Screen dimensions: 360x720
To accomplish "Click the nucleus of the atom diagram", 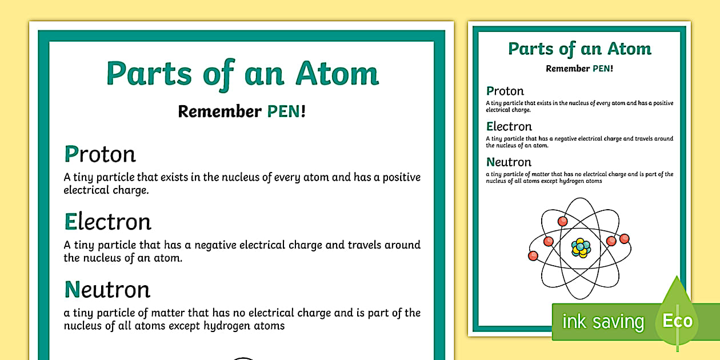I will click(581, 247).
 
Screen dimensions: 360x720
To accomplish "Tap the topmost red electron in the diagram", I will click(562, 221).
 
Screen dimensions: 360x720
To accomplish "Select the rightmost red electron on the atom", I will click(624, 238).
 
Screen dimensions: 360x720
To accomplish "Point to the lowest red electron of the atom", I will click(533, 255).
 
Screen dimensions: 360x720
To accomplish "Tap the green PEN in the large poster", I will click(283, 111).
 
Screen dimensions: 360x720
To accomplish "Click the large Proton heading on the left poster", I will click(100, 154).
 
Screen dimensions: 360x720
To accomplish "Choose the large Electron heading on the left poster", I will click(107, 222).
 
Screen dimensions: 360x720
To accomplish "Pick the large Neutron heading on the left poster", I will click(107, 289).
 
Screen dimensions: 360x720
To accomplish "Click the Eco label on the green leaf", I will click(678, 321).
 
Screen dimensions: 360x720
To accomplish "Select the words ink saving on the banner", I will click(602, 322).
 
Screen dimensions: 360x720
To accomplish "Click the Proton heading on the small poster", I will click(505, 91).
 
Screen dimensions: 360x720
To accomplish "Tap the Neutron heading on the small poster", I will click(509, 162).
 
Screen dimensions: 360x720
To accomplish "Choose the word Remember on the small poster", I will click(567, 69).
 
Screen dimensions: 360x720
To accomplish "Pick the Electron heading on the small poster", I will click(509, 126).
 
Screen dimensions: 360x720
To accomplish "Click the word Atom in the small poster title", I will click(629, 49).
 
